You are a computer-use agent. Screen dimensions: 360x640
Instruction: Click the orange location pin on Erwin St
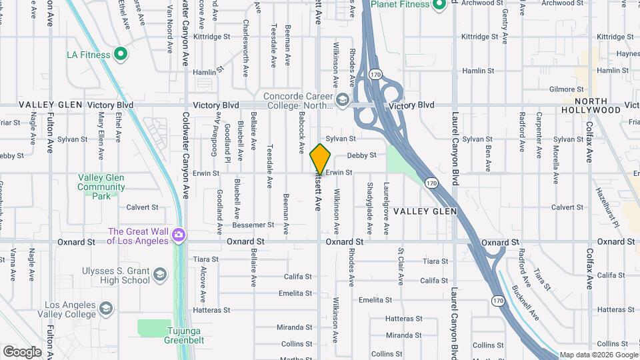coord(321,159)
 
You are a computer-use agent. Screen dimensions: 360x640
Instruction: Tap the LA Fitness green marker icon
coord(121,55)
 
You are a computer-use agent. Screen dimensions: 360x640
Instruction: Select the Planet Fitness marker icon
coord(439,6)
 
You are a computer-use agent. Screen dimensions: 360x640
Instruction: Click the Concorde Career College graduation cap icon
coord(343,101)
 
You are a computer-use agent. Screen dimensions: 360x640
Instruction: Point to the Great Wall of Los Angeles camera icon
coord(178,235)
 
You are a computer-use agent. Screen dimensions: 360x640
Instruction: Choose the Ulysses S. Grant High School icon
coord(160,275)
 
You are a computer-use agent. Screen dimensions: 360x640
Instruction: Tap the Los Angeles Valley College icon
coord(106,309)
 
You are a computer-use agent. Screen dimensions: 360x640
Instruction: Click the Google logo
coord(22,351)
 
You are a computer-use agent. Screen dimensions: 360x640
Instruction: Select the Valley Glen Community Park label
coord(101,187)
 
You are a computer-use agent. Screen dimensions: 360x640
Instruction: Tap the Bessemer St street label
coord(253,225)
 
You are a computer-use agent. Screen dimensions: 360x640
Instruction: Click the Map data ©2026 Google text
coord(598,355)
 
